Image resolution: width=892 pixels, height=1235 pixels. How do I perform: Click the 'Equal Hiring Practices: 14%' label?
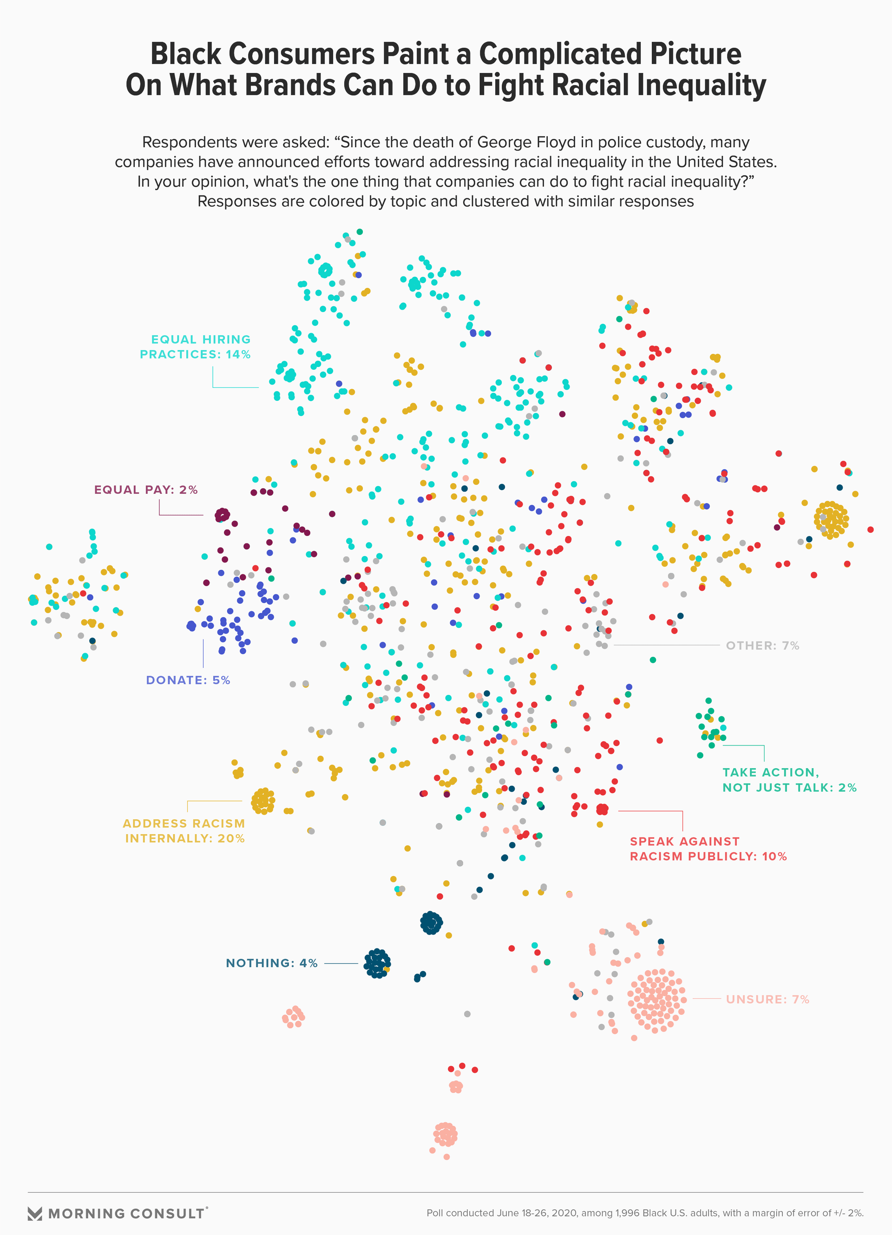[x=195, y=347]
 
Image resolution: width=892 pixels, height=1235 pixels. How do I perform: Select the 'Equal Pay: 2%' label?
[x=145, y=490]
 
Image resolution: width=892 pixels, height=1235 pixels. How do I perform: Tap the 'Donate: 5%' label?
[x=188, y=680]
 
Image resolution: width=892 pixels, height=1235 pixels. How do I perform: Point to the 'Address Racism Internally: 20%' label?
[x=184, y=831]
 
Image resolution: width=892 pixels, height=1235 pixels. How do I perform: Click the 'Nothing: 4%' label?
[x=271, y=963]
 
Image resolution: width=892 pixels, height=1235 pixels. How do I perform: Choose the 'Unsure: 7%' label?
[x=767, y=999]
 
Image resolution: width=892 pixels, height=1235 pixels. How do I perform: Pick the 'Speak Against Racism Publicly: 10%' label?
[x=708, y=849]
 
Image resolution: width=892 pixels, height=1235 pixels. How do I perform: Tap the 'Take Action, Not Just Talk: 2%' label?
[x=789, y=780]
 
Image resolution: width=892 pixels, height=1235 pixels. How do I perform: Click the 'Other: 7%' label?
[x=762, y=646]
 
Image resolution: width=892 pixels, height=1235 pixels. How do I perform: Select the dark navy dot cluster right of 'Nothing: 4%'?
[x=377, y=963]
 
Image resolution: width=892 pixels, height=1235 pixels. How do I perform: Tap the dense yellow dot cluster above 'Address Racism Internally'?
[x=263, y=800]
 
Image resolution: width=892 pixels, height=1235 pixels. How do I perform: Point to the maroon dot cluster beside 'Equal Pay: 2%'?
[x=222, y=515]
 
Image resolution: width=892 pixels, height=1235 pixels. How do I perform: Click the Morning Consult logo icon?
[x=35, y=1213]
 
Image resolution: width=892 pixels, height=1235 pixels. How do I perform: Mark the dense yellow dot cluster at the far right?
[x=831, y=519]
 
